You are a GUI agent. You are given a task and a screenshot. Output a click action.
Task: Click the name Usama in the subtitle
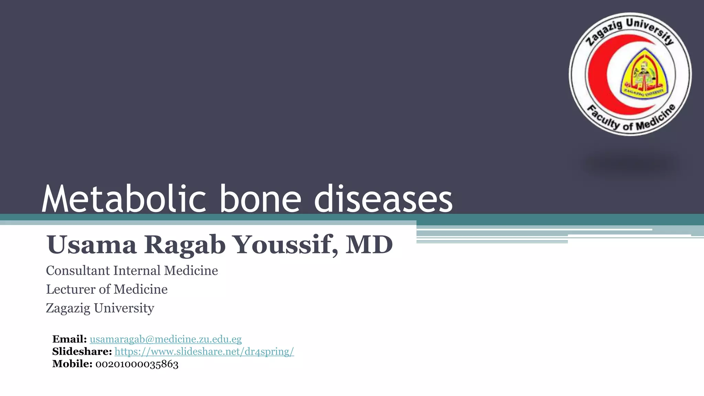91,245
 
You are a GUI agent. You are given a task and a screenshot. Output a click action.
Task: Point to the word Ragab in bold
185,245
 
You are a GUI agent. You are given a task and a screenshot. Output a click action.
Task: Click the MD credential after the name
369,245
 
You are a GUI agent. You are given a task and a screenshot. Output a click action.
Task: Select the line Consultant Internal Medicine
132,271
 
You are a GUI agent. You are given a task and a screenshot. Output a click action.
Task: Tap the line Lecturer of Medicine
107,290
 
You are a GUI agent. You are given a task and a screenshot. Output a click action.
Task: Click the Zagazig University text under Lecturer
100,308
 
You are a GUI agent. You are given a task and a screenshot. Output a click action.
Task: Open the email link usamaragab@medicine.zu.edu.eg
166,339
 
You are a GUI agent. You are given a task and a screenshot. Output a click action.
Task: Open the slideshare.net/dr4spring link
204,352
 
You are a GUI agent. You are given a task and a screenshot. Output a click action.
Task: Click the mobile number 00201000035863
137,364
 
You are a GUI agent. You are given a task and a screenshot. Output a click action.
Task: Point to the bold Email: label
69,339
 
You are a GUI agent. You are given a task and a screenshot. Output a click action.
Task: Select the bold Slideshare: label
82,352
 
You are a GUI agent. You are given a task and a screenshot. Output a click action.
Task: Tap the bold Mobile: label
72,364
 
